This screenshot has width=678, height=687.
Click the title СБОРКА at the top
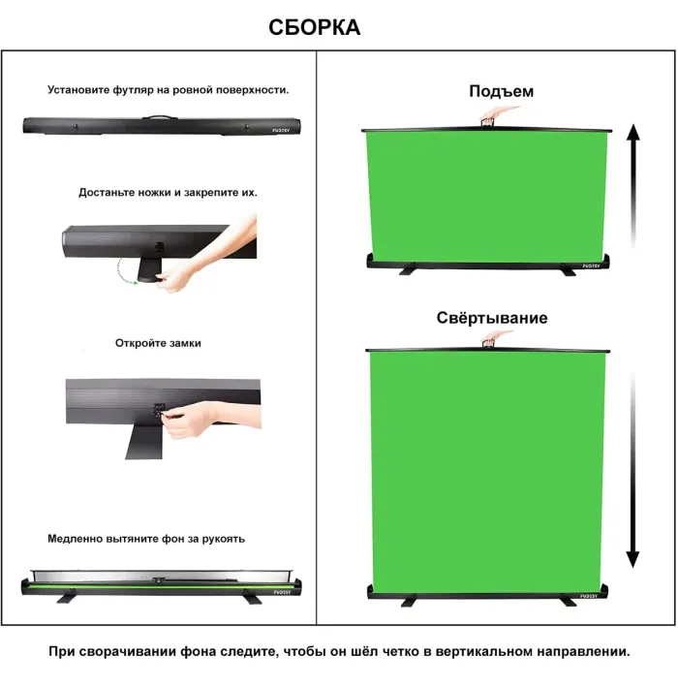point(315,28)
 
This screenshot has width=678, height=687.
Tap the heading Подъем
point(501,92)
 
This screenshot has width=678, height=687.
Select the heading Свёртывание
point(491,318)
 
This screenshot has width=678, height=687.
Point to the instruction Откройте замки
point(158,343)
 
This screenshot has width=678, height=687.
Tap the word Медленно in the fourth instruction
point(75,538)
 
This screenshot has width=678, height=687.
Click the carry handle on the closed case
point(155,119)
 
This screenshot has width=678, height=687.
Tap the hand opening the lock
point(208,419)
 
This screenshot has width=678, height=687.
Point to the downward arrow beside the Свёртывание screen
point(632,465)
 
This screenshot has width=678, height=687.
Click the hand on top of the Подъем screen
point(493,116)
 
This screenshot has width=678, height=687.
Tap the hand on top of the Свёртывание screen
point(493,339)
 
